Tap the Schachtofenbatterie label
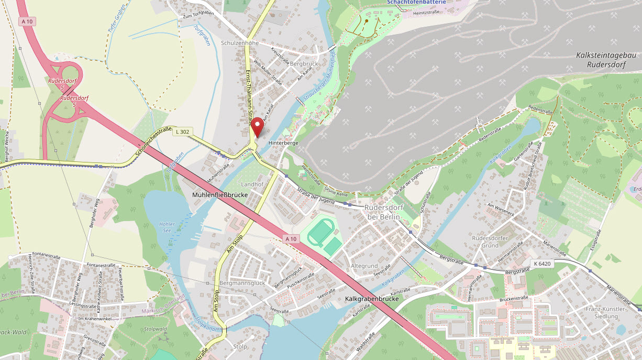pos(416,2)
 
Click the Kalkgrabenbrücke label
pos(372,299)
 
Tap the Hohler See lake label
pos(167,227)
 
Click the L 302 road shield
pos(182,132)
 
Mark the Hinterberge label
pos(283,143)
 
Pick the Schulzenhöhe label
pos(240,43)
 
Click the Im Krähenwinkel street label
pos(95,319)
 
